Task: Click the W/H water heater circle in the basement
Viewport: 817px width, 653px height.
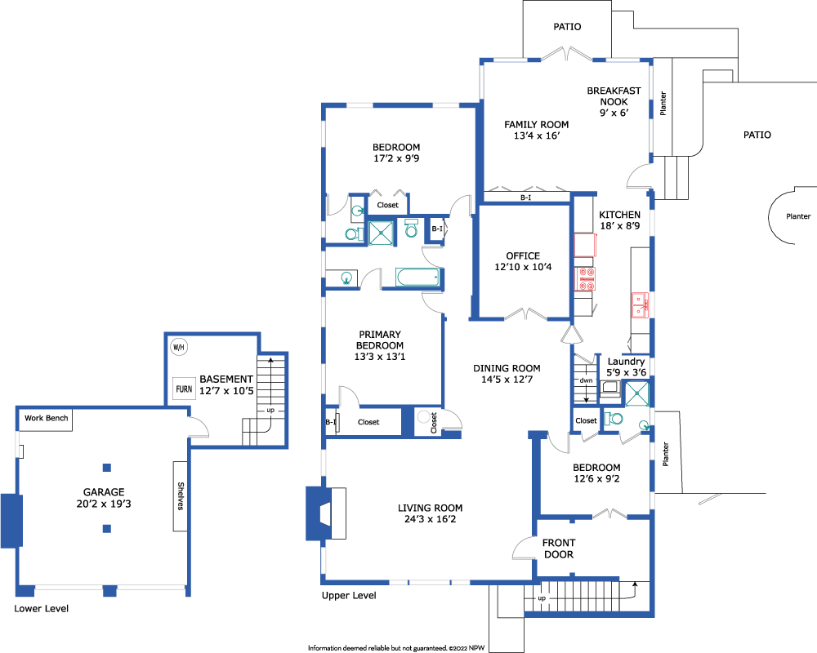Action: pyautogui.click(x=179, y=347)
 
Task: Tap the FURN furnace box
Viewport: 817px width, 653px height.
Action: pyautogui.click(x=184, y=389)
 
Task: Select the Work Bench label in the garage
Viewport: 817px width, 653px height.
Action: pyautogui.click(x=47, y=418)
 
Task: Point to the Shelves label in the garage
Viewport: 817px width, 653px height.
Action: pyautogui.click(x=181, y=495)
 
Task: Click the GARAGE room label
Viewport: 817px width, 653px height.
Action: pyautogui.click(x=104, y=492)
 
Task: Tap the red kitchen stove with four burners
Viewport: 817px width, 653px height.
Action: pyautogui.click(x=585, y=278)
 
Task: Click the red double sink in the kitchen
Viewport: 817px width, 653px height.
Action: pyautogui.click(x=640, y=305)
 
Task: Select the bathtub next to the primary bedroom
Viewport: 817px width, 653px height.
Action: pyautogui.click(x=417, y=277)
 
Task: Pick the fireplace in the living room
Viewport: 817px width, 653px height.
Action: pyautogui.click(x=326, y=513)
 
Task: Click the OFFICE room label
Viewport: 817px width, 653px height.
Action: pyautogui.click(x=523, y=255)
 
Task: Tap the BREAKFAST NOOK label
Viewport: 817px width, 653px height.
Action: pyautogui.click(x=614, y=96)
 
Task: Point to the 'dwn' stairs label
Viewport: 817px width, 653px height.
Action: pyautogui.click(x=586, y=380)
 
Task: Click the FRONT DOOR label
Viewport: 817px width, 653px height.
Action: pyautogui.click(x=559, y=549)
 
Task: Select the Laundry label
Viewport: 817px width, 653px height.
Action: pyautogui.click(x=627, y=362)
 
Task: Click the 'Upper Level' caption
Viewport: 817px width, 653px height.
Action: pyautogui.click(x=349, y=596)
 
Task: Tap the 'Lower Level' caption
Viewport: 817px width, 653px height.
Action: pyautogui.click(x=41, y=609)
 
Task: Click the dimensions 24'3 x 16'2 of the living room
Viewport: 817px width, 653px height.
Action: pyautogui.click(x=430, y=519)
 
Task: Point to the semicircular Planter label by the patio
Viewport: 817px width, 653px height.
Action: pyautogui.click(x=798, y=216)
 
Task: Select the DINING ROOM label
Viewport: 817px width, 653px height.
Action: pyautogui.click(x=507, y=368)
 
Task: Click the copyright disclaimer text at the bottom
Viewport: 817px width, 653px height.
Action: pyautogui.click(x=396, y=648)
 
